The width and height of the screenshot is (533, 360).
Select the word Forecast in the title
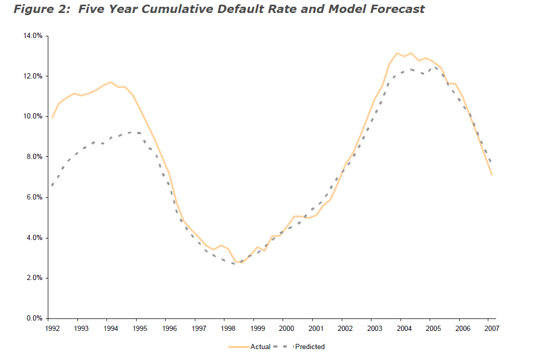click(397, 9)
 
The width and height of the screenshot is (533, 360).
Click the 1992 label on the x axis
click(51, 328)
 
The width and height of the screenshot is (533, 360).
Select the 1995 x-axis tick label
click(140, 328)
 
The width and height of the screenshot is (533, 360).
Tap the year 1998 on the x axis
click(228, 328)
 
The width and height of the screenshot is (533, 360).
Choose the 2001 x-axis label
click(316, 328)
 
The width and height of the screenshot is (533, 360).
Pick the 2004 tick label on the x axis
click(404, 328)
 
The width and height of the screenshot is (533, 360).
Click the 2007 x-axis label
click(492, 328)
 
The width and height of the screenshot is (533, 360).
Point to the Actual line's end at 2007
click(492, 175)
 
